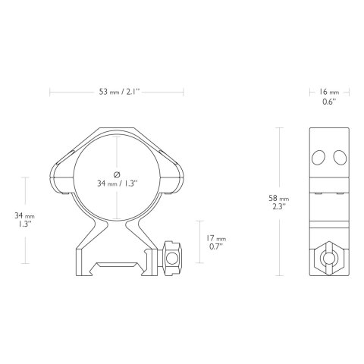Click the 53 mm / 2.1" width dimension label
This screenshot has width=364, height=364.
(x=119, y=92)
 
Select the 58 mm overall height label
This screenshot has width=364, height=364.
(x=279, y=199)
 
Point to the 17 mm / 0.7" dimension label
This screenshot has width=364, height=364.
(x=215, y=242)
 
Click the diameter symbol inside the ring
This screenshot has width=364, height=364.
(x=117, y=174)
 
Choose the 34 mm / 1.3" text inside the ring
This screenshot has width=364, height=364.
(x=117, y=184)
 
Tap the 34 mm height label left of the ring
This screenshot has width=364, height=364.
(x=24, y=219)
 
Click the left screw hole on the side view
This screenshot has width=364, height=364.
(x=318, y=157)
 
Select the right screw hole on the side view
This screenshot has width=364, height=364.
(x=340, y=157)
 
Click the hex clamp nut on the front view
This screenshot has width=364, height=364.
(x=172, y=259)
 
